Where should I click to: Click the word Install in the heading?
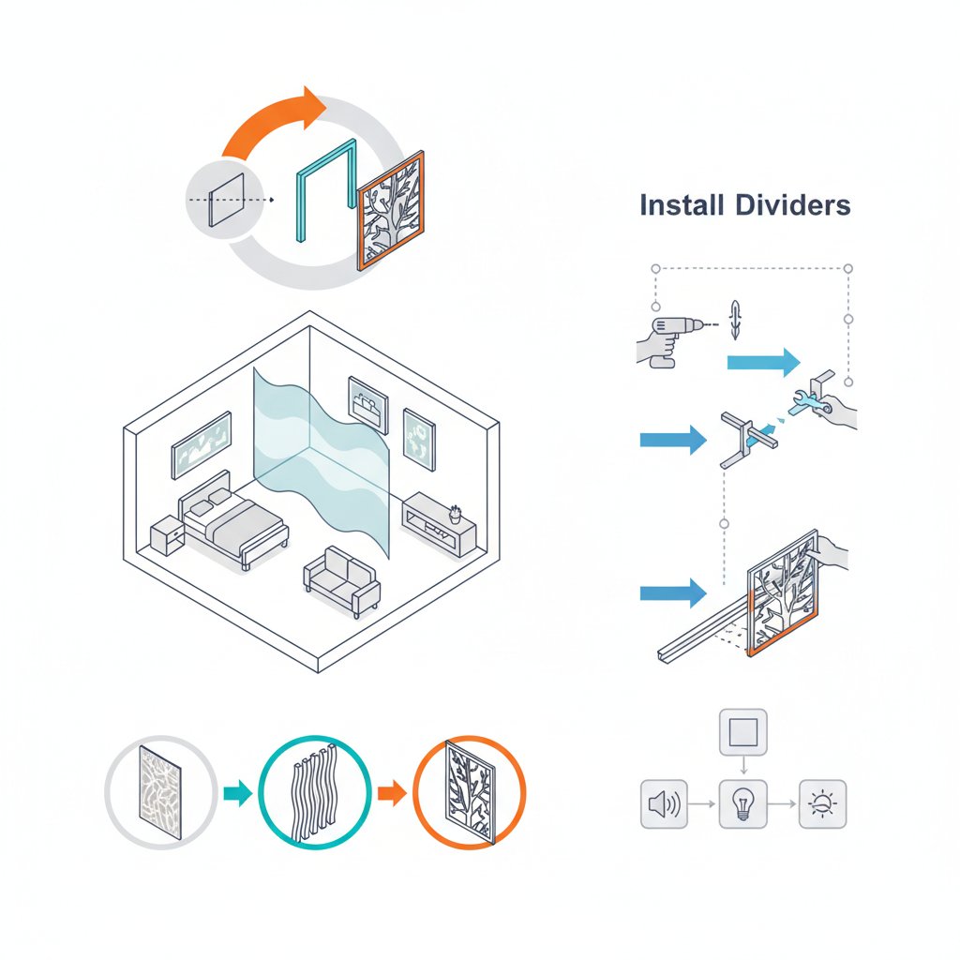pos(682,205)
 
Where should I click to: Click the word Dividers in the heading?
pos(793,205)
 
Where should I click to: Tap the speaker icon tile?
pos(664,803)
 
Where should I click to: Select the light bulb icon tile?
pos(742,803)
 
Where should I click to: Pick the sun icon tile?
pos(823,803)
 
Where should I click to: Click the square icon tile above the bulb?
pos(742,732)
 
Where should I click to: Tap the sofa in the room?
pos(341,581)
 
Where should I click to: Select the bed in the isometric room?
pos(232,520)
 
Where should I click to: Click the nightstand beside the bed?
pos(167,535)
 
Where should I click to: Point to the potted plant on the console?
pos(455,515)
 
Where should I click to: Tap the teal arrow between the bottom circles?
pos(237,793)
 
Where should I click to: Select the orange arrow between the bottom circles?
pos(392,793)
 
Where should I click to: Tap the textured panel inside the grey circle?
pos(160,793)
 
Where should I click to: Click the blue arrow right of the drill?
pos(763,363)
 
